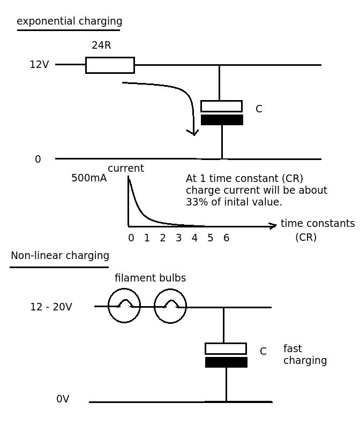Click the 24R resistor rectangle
[110, 65]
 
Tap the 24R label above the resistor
[101, 45]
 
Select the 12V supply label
[39, 65]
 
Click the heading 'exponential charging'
[69, 21]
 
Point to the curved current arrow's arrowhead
[193, 132]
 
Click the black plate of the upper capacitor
[222, 120]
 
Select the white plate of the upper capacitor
[221, 106]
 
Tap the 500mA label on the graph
[89, 178]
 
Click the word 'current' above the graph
[125, 169]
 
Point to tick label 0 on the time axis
[131, 238]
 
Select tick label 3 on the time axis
[178, 238]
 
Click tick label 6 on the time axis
[226, 238]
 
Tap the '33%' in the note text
[196, 202]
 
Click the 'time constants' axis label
[317, 224]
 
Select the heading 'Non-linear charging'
[60, 256]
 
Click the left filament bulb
[124, 306]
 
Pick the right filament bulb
[170, 306]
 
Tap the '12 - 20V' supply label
[51, 307]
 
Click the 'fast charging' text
[304, 355]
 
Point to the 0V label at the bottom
[63, 399]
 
